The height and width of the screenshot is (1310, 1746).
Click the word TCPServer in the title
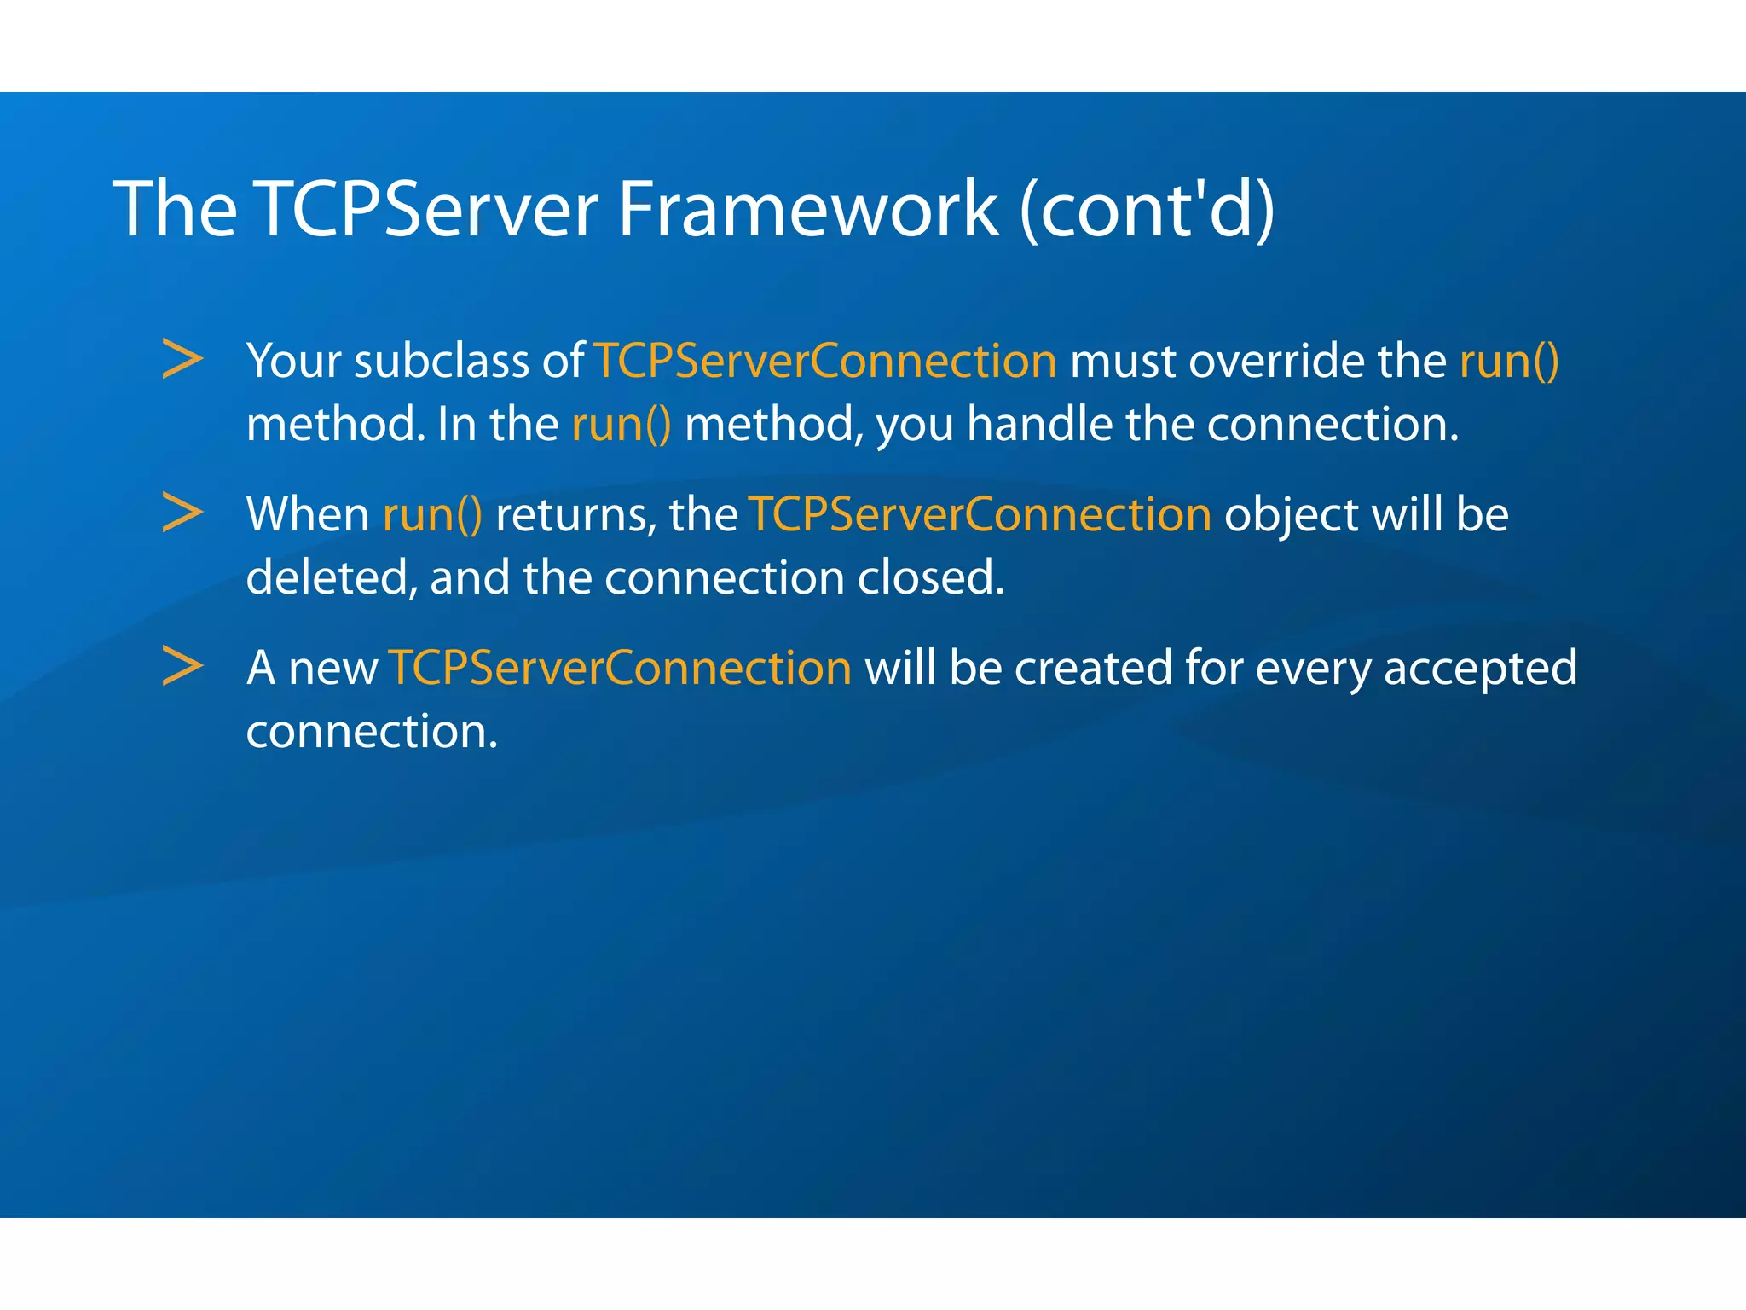pyautogui.click(x=427, y=209)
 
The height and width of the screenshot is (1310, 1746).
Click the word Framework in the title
pyautogui.click(x=807, y=209)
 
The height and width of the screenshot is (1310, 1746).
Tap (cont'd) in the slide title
pyautogui.click(x=1147, y=209)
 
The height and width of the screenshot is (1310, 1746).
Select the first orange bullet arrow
pyautogui.click(x=182, y=359)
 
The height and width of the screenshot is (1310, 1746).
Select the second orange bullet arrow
pyautogui.click(x=182, y=513)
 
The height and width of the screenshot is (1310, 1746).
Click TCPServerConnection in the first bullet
pyautogui.click(x=825, y=361)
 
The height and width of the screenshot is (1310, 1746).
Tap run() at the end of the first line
pyautogui.click(x=1509, y=361)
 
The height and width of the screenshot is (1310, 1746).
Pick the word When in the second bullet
pyautogui.click(x=307, y=514)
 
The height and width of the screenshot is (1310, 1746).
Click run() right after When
pyautogui.click(x=432, y=514)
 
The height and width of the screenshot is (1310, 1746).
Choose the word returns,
pyautogui.click(x=575, y=514)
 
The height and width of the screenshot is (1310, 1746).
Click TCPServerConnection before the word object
pyautogui.click(x=980, y=514)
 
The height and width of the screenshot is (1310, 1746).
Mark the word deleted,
pyautogui.click(x=332, y=577)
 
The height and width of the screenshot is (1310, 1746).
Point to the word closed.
pyautogui.click(x=930, y=577)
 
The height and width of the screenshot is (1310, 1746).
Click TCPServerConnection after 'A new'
pyautogui.click(x=620, y=668)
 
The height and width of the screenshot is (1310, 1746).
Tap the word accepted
pyautogui.click(x=1480, y=668)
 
